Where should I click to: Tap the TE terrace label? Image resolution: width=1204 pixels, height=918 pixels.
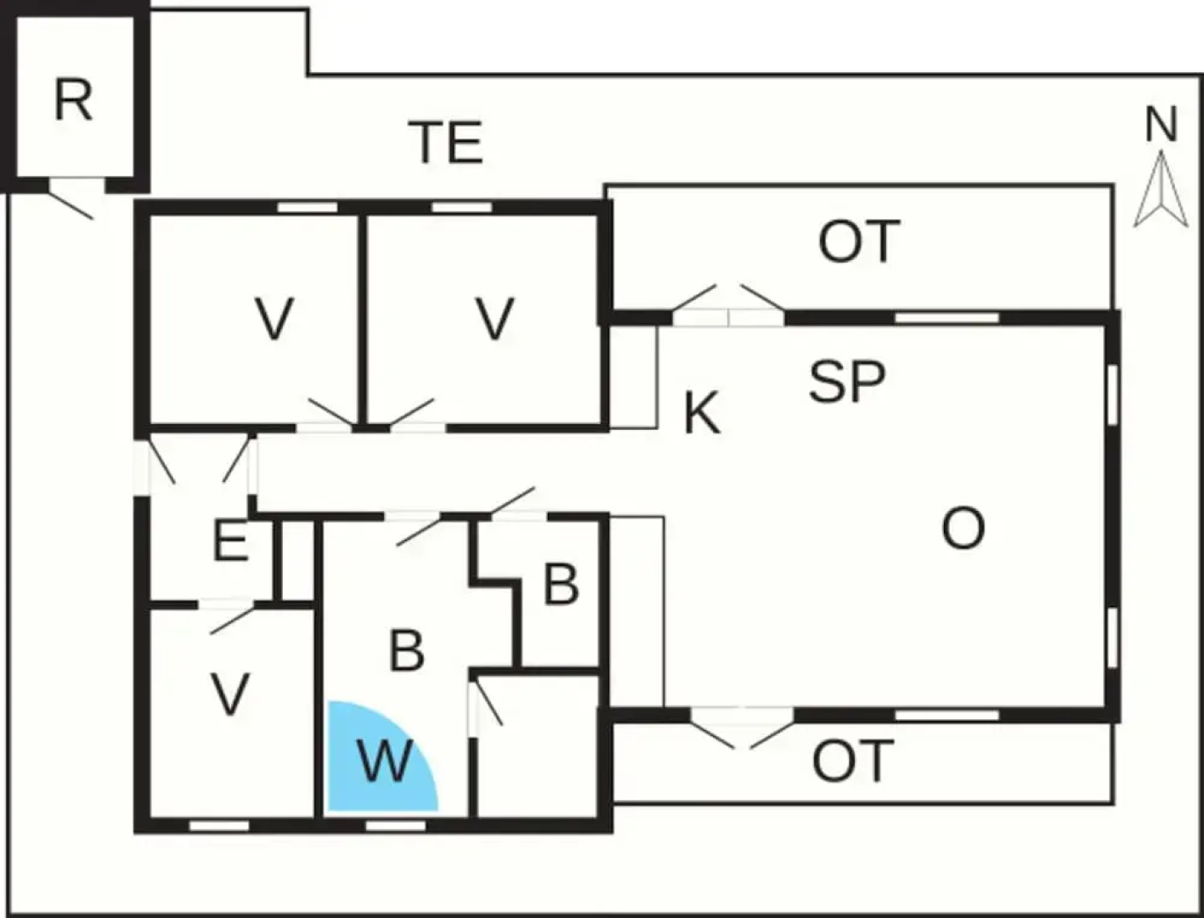click(x=445, y=142)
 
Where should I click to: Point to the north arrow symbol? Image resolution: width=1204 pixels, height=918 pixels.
click(x=1162, y=189)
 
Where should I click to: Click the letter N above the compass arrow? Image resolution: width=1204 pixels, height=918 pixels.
click(x=1162, y=125)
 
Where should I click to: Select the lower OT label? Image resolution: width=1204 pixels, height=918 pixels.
click(x=853, y=761)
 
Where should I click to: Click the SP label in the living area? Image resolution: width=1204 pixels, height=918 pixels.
click(x=847, y=382)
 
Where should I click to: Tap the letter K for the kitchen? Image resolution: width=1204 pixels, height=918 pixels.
click(x=702, y=413)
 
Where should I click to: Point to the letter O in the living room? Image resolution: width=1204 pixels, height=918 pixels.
click(x=963, y=529)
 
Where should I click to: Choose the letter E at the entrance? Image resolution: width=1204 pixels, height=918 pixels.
click(x=230, y=542)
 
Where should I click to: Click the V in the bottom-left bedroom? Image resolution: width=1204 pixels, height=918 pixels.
click(x=229, y=694)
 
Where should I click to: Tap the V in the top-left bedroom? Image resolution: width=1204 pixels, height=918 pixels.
click(x=274, y=318)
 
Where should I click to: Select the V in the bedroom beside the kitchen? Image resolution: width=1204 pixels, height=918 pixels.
click(x=495, y=318)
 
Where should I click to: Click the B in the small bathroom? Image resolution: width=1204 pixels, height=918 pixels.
click(x=561, y=585)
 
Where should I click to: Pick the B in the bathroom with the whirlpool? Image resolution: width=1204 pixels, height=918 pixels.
click(x=406, y=651)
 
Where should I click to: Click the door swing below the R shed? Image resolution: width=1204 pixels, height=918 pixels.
click(x=71, y=204)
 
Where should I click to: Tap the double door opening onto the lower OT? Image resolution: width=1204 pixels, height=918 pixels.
click(x=742, y=728)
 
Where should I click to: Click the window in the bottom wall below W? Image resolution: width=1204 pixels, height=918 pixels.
click(x=395, y=825)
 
